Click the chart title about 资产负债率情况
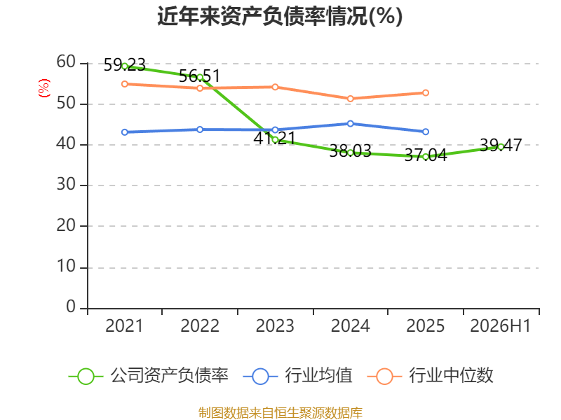(280, 16)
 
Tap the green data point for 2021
(125, 66)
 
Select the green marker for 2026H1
(501, 147)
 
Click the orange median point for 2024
(350, 99)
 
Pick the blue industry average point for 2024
(350, 124)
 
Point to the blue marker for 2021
(125, 132)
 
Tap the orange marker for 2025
(426, 93)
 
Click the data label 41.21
(274, 138)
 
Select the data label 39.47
(501, 145)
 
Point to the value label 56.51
(199, 76)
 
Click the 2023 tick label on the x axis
(275, 326)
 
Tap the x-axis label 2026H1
(500, 326)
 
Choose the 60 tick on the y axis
(66, 62)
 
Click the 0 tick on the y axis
(71, 307)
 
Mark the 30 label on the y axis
(66, 185)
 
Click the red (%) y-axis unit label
(44, 88)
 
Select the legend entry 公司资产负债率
(148, 376)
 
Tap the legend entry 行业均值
(297, 376)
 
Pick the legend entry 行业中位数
(430, 376)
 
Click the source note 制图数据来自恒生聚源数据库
(280, 413)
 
